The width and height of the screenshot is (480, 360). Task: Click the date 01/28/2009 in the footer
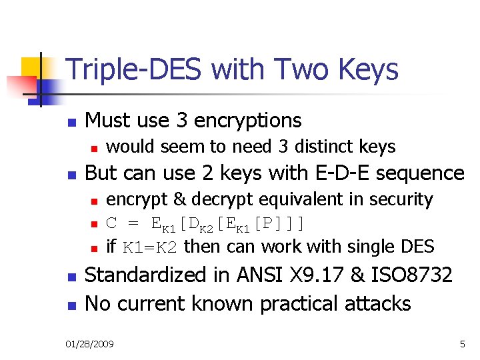90,344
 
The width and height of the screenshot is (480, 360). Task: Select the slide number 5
462,344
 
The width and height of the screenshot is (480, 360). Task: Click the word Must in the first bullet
107,121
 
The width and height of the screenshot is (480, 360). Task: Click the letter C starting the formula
111,223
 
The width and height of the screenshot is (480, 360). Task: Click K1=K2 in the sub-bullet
149,247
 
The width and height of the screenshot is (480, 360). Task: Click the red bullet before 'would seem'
95,147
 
